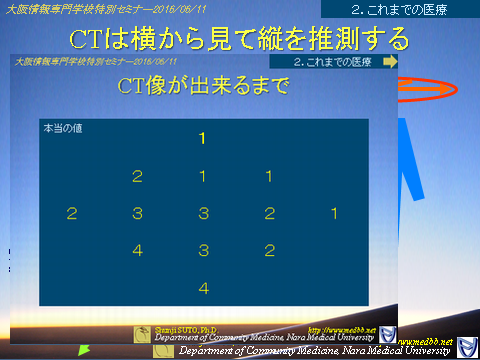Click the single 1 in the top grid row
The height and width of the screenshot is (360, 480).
(x=203, y=139)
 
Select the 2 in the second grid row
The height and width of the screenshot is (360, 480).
(x=137, y=177)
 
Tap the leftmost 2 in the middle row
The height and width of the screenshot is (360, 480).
(x=71, y=214)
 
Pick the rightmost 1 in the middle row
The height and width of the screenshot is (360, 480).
(x=334, y=214)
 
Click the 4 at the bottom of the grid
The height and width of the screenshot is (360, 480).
(x=203, y=288)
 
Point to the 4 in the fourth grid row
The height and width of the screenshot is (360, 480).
(x=137, y=251)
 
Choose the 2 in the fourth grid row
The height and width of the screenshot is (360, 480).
(x=269, y=251)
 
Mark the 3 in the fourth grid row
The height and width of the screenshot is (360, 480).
(x=203, y=251)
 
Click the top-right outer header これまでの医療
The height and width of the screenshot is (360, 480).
(x=399, y=10)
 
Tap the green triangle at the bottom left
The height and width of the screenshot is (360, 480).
(x=85, y=350)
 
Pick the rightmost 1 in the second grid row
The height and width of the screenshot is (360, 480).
(x=269, y=177)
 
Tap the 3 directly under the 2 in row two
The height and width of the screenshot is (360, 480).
(x=137, y=214)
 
